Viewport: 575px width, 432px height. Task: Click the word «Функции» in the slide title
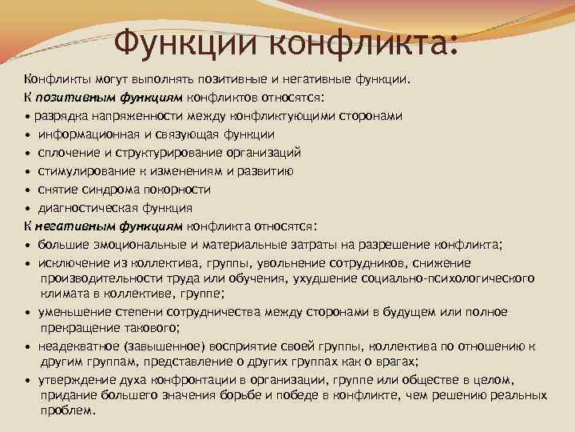(188, 40)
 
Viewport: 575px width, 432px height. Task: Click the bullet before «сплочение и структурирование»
(27, 153)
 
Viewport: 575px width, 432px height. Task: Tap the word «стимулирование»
(83, 171)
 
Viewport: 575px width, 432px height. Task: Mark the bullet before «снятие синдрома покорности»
(27, 190)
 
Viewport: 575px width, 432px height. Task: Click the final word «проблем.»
(68, 411)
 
